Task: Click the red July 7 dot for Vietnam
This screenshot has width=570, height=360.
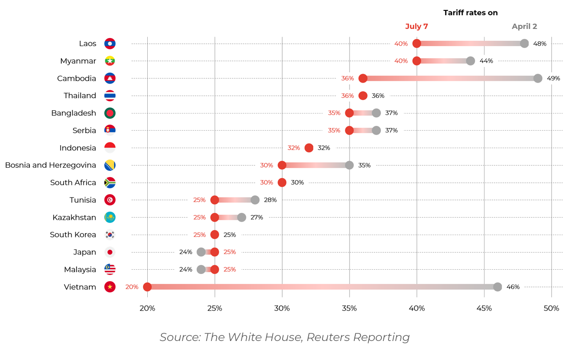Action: [x=147, y=287]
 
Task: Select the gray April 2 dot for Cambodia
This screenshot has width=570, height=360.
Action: [x=538, y=78]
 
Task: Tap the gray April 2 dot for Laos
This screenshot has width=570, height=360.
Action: [x=524, y=44]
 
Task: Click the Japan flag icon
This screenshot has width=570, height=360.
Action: [x=110, y=252]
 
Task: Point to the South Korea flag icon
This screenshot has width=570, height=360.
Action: [x=110, y=235]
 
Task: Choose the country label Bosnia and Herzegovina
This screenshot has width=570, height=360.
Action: [x=50, y=165]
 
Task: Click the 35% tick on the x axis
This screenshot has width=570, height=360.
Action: [x=349, y=309]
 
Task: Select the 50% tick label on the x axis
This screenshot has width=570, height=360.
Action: [x=551, y=309]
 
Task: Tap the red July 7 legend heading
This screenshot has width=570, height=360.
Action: [x=416, y=27]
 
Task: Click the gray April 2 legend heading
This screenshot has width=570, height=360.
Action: [x=524, y=27]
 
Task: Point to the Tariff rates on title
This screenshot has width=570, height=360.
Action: [x=470, y=13]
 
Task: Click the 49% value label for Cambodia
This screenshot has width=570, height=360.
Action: [x=553, y=78]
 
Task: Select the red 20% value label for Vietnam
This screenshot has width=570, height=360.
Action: [x=132, y=287]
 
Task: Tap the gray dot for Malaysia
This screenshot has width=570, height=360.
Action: [x=201, y=269]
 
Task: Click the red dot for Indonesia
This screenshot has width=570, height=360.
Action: [x=309, y=148]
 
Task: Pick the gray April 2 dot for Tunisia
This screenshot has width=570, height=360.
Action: [x=255, y=200]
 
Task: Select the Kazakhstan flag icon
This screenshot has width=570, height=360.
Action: [x=110, y=218]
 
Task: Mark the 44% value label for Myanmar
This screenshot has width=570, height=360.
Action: [x=486, y=61]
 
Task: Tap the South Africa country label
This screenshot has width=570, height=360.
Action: [x=73, y=182]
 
